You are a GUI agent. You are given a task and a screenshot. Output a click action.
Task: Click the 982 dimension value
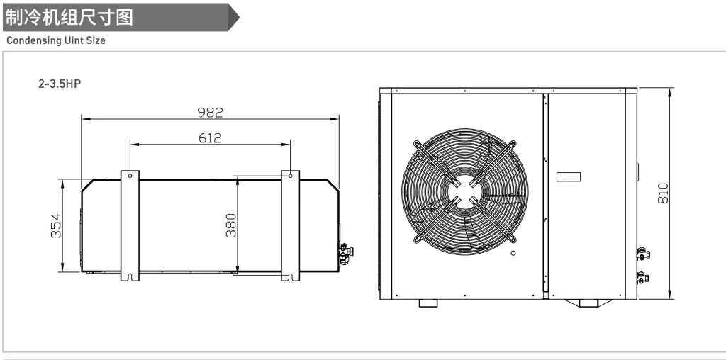click(x=210, y=113)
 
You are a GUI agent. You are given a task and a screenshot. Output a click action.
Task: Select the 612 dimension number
click(x=210, y=138)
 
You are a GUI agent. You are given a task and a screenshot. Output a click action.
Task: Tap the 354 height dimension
click(x=56, y=225)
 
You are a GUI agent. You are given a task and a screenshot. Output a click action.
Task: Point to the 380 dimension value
click(x=231, y=225)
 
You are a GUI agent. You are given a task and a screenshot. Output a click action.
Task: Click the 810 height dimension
click(x=663, y=193)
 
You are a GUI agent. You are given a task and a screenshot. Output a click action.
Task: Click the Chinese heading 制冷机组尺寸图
click(x=69, y=18)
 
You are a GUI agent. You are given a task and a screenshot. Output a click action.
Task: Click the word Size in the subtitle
click(x=96, y=40)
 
